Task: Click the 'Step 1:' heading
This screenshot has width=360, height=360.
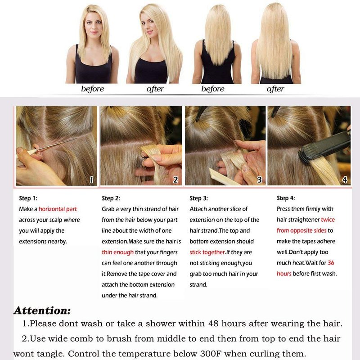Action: (x=28, y=198)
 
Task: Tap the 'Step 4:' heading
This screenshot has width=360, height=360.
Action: (x=286, y=198)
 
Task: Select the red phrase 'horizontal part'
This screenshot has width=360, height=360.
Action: (x=58, y=209)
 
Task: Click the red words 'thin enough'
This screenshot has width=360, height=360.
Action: (x=117, y=252)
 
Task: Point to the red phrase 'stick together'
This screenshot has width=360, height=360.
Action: (x=207, y=252)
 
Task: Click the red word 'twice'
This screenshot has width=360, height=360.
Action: (x=328, y=220)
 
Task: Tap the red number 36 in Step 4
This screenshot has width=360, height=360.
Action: (x=331, y=263)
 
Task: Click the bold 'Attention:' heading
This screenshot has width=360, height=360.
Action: (x=42, y=310)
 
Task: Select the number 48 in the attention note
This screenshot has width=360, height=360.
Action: (x=213, y=324)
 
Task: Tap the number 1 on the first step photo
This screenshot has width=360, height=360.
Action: (x=91, y=180)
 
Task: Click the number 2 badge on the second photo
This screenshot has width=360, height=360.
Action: (x=175, y=180)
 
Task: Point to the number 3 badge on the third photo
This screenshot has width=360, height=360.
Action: (x=260, y=180)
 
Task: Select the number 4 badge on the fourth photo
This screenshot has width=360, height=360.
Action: (x=345, y=180)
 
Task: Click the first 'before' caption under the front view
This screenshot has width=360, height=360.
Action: (x=93, y=89)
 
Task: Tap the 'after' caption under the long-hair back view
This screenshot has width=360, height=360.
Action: (x=275, y=89)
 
